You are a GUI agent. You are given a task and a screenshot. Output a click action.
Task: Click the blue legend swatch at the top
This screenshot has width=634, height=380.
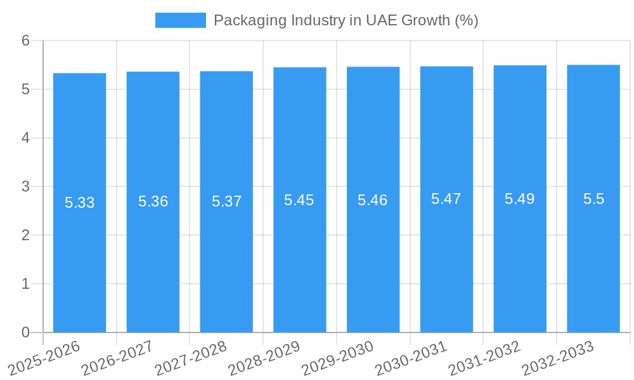(181, 20)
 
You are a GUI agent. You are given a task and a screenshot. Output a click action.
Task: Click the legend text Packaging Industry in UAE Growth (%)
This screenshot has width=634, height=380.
(346, 20)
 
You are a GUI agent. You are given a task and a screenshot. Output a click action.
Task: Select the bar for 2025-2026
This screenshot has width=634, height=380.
(79, 266)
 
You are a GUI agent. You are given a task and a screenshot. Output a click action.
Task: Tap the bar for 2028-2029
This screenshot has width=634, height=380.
(300, 266)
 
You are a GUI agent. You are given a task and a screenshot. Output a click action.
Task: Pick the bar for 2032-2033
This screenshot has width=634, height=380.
(593, 266)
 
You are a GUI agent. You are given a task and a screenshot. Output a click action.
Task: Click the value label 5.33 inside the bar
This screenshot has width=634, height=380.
(79, 203)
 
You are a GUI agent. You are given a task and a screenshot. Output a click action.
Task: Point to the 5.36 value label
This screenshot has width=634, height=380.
(153, 201)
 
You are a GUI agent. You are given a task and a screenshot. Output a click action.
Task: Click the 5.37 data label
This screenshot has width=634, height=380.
(226, 201)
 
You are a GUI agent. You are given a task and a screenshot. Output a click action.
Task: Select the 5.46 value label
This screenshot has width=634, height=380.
(372, 200)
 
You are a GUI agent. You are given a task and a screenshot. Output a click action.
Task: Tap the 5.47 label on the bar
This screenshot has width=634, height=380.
(446, 199)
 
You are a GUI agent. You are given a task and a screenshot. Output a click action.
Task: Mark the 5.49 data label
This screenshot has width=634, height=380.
(519, 199)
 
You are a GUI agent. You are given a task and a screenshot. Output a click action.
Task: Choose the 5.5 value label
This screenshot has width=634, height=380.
(593, 199)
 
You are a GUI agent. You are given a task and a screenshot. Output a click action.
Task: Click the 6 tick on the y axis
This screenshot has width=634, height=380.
(25, 41)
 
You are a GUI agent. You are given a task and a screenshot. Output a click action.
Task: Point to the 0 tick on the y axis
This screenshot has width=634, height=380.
(25, 332)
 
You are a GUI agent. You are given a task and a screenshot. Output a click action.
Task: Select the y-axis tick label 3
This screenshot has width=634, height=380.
(25, 186)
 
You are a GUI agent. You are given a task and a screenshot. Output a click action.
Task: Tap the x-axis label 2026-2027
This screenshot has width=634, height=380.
(117, 358)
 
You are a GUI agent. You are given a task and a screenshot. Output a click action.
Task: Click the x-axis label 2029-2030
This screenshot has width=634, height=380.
(337, 358)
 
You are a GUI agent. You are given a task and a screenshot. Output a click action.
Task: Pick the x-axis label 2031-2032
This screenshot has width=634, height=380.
(484, 358)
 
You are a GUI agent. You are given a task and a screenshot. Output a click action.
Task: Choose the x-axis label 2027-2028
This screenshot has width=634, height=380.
(191, 358)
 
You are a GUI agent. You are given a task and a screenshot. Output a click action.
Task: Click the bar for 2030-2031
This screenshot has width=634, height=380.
(446, 266)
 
